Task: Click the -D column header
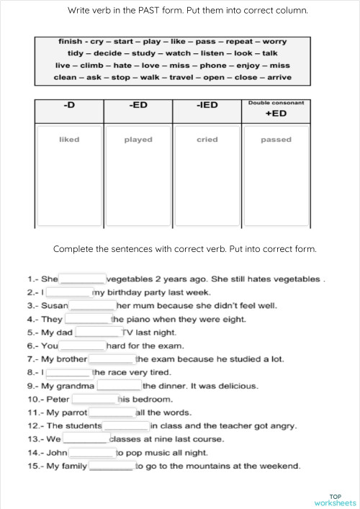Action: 69,106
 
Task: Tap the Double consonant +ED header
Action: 276,109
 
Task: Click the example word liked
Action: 69,140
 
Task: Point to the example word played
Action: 138,140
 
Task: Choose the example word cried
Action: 207,140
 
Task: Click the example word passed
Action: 276,140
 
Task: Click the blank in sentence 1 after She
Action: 82,279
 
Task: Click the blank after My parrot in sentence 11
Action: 111,413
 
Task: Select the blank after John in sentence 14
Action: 92,453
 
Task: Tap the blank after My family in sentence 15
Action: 111,466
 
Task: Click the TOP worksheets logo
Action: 335,499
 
